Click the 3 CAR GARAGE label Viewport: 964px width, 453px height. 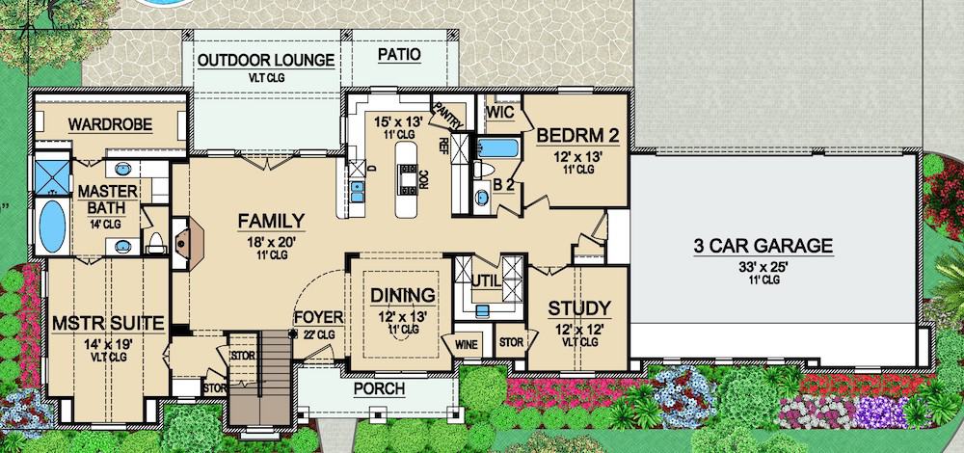pos(763,246)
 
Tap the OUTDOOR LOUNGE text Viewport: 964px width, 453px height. pos(266,61)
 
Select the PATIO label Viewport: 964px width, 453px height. pos(398,55)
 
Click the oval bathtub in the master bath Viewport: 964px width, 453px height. pos(52,223)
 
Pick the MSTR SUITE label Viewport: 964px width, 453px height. pos(108,321)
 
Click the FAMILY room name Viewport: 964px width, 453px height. pos(272,221)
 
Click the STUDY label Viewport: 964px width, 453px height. pos(578,308)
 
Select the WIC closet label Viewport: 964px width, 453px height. pos(499,112)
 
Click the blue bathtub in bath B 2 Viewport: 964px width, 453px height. pos(497,149)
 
